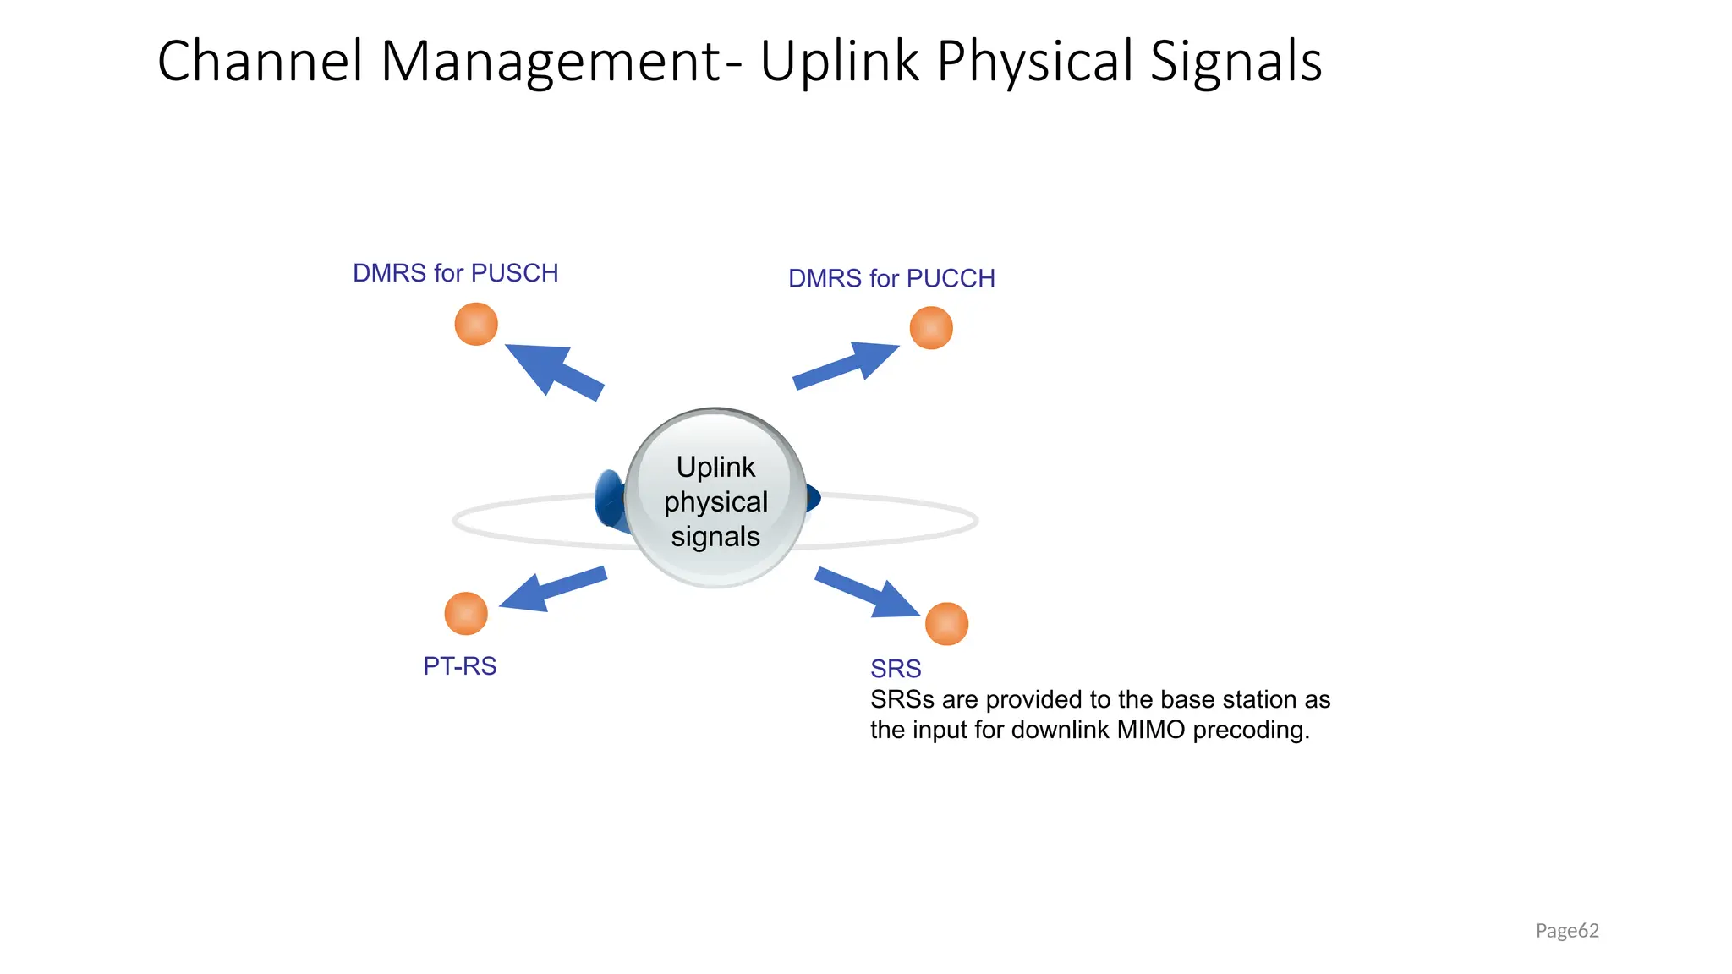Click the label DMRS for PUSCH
[455, 273]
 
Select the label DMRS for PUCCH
[891, 278]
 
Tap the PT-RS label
[459, 666]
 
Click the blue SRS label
[896, 669]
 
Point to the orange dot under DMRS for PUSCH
[476, 324]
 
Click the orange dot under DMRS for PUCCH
[931, 328]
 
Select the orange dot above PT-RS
[466, 613]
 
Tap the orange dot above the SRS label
[946, 624]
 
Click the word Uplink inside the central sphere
[715, 467]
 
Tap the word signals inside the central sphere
[715, 537]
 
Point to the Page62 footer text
[1567, 931]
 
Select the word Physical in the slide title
[1034, 61]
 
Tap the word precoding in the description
[1251, 730]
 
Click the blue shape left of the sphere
[609, 499]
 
